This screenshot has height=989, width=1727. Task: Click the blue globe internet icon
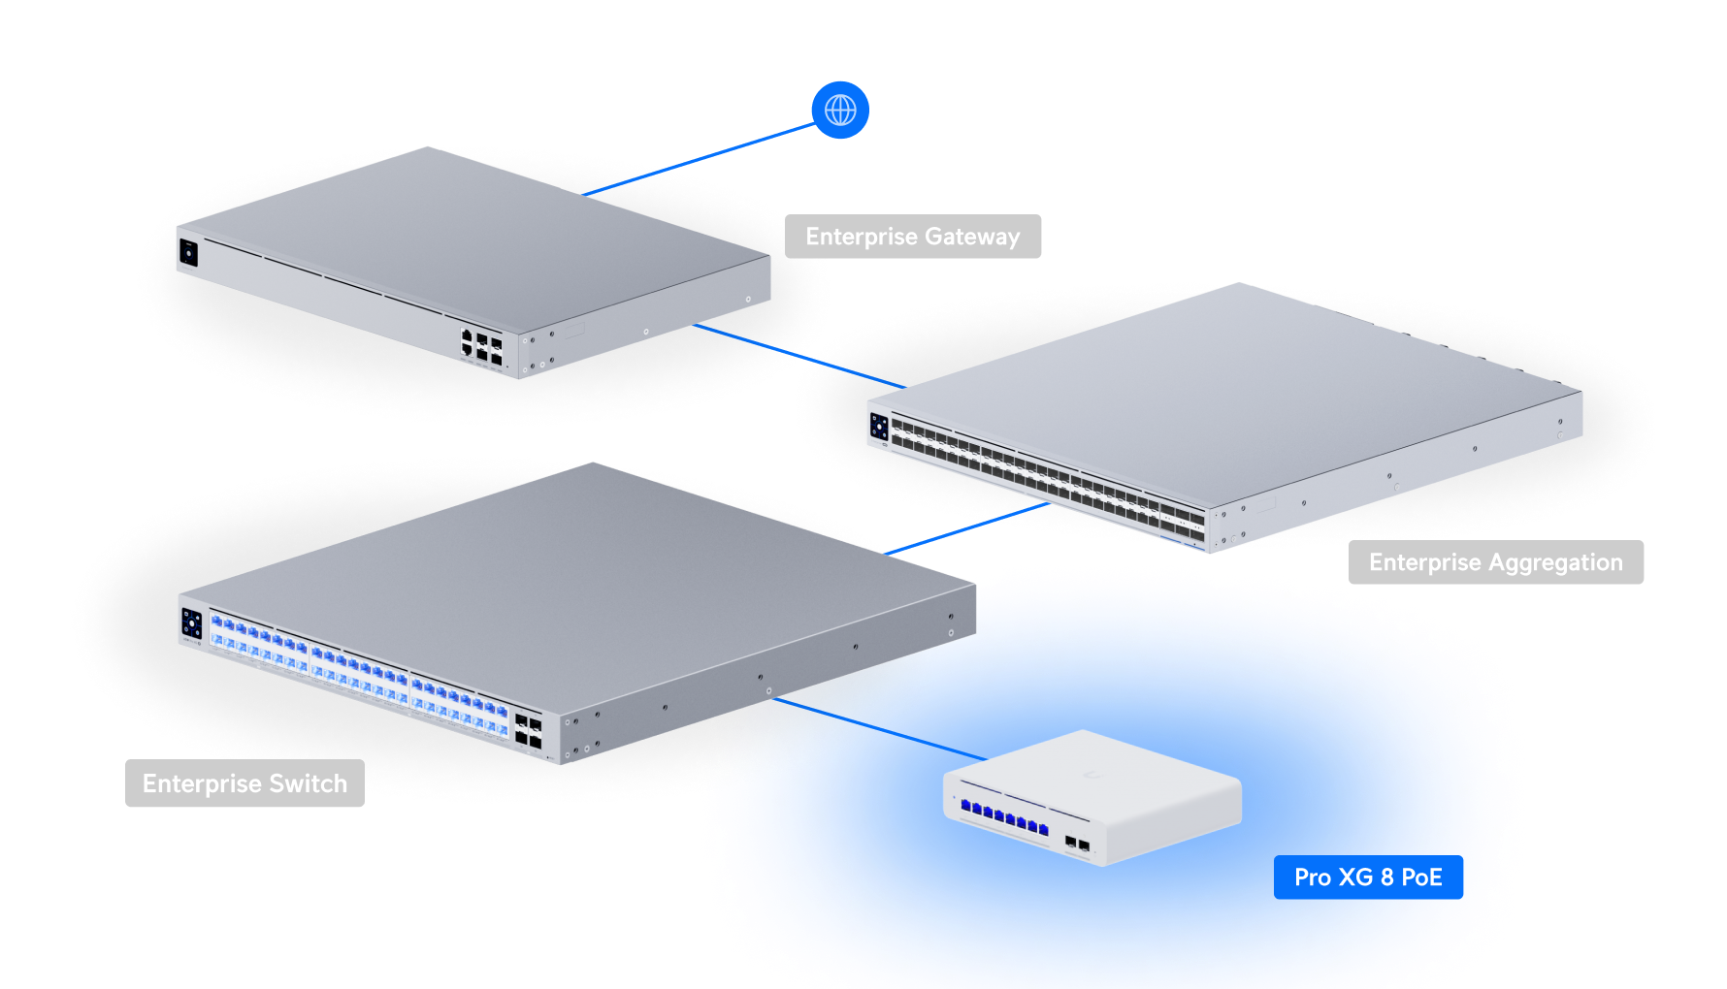click(x=840, y=110)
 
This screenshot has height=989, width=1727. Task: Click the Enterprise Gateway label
click(x=912, y=237)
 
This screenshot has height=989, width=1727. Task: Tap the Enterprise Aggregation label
click(x=1495, y=562)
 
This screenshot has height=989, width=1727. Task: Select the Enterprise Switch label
click(x=244, y=783)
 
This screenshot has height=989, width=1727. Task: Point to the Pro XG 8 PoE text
click(x=1368, y=877)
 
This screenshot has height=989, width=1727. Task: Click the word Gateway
click(x=972, y=237)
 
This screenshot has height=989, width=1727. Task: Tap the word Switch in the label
click(x=308, y=783)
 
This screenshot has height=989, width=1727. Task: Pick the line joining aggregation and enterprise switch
click(x=970, y=528)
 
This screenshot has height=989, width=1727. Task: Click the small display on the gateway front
click(x=188, y=254)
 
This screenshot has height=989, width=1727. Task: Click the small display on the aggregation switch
click(x=879, y=427)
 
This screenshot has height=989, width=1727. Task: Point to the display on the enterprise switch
click(x=192, y=623)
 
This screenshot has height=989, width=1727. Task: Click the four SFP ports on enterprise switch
click(x=529, y=732)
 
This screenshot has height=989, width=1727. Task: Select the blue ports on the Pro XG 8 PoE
click(x=1004, y=817)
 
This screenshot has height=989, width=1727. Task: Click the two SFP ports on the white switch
click(x=1077, y=844)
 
